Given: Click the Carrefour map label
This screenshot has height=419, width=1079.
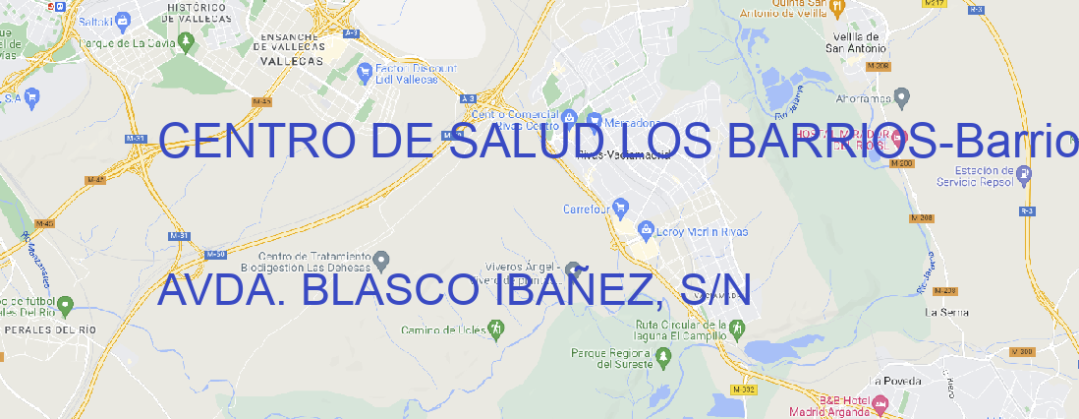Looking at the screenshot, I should [x=588, y=209].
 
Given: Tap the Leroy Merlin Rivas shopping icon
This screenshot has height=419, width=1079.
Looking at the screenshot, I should [x=646, y=231].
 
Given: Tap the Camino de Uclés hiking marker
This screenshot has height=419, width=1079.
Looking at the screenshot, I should [x=495, y=329].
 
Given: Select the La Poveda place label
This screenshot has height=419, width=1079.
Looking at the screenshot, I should [x=895, y=381].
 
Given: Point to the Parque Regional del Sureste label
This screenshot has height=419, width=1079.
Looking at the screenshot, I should [x=612, y=357].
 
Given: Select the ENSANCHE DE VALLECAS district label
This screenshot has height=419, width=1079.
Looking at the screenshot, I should [x=291, y=44].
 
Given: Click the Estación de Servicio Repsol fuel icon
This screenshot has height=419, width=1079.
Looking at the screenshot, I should [x=1025, y=175].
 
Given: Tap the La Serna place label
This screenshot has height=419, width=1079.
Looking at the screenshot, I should [x=947, y=312].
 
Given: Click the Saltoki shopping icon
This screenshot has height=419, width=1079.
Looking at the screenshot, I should [x=123, y=19].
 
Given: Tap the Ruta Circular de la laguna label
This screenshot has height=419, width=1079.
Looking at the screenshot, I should [x=673, y=329].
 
